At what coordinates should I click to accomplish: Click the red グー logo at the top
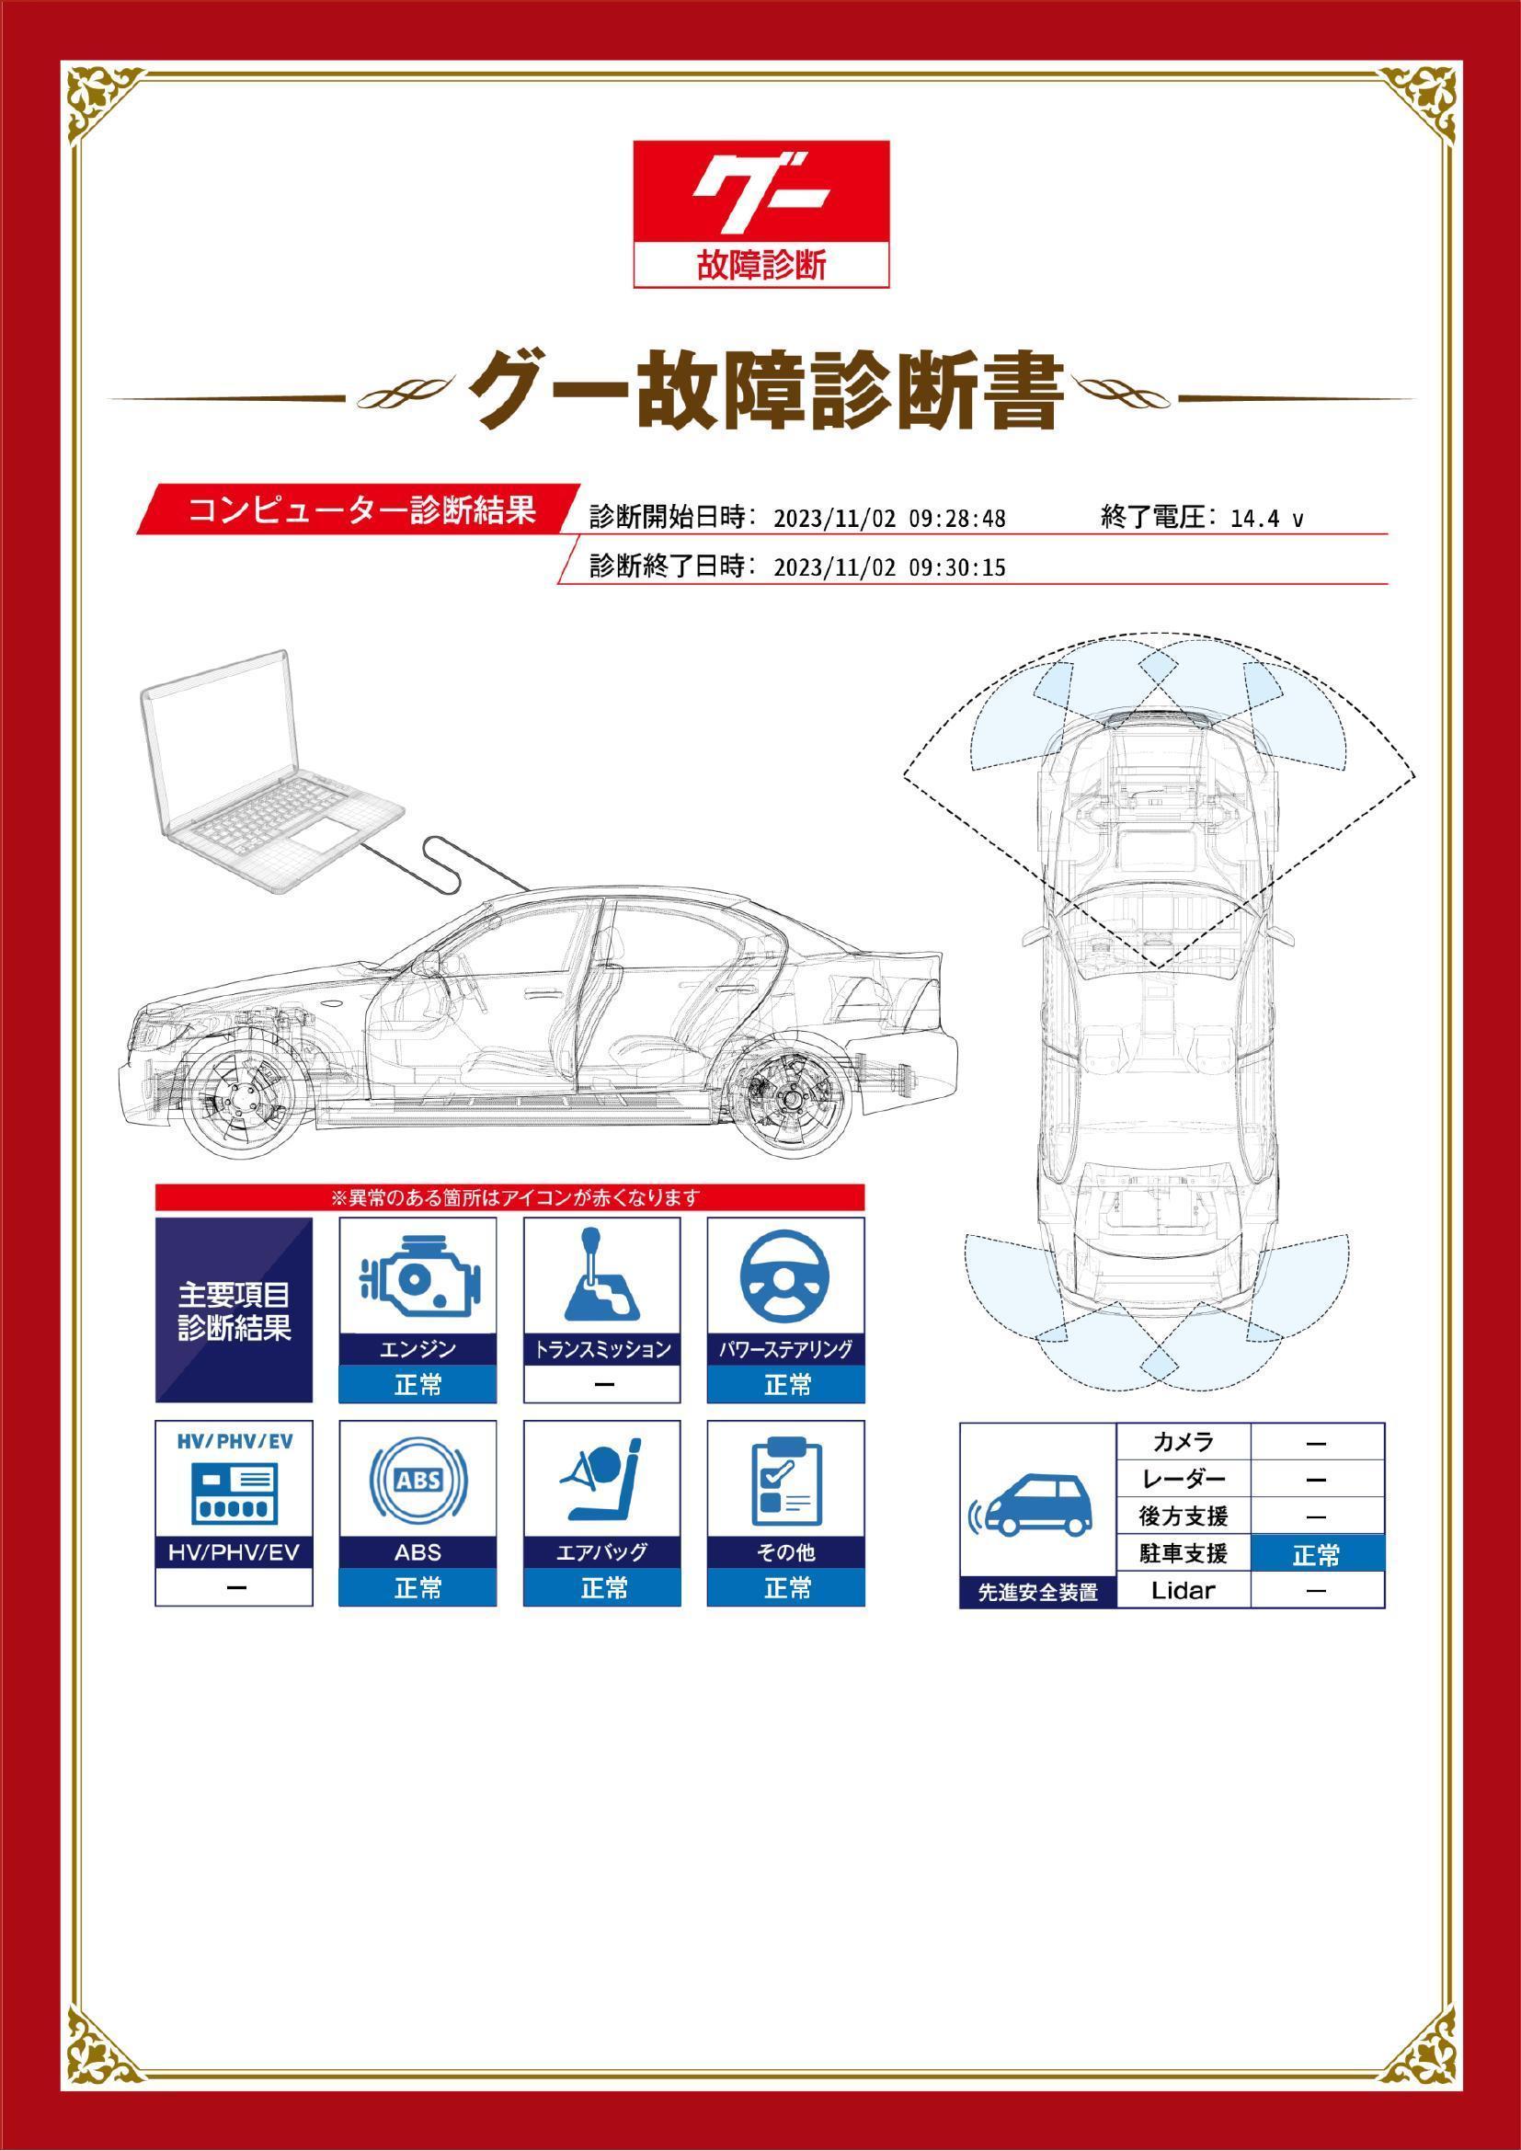tap(760, 212)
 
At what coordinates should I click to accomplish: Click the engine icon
tap(417, 1277)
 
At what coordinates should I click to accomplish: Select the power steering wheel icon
tap(784, 1276)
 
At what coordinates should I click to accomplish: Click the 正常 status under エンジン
tap(417, 1385)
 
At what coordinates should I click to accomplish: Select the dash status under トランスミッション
tap(602, 1385)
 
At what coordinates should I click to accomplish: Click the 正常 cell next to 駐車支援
tap(1317, 1555)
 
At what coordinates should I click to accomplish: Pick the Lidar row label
tap(1184, 1590)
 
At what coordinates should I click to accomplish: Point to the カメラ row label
tap(1184, 1442)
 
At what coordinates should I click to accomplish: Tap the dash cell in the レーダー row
tap(1317, 1481)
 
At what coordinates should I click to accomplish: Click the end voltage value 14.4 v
tap(1266, 519)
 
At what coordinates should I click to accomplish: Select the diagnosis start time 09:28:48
tap(957, 519)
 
